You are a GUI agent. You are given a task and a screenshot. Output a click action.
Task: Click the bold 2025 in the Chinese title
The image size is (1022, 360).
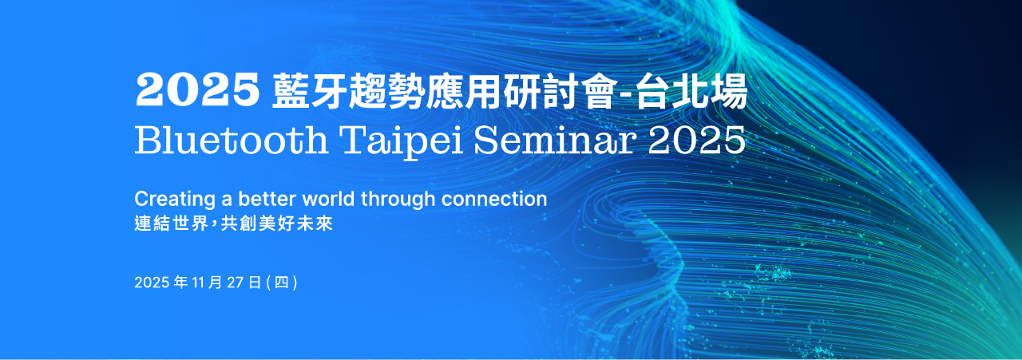[197, 90]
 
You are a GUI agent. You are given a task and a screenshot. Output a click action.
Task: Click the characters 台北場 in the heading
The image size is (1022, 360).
[692, 91]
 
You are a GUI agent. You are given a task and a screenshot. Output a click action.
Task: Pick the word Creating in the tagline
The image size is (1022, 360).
[175, 200]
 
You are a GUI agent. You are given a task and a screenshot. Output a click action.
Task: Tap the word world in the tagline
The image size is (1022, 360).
[328, 199]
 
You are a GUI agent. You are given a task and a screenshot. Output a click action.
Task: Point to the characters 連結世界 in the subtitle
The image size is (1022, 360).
[171, 224]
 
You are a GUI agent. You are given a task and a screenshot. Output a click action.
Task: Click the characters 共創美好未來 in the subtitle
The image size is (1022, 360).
[276, 224]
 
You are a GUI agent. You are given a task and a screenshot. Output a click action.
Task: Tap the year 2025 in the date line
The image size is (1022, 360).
[152, 283]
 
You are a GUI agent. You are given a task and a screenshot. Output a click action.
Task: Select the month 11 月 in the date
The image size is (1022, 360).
[207, 283]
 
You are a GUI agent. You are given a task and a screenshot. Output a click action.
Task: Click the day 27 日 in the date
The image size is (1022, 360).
[244, 283]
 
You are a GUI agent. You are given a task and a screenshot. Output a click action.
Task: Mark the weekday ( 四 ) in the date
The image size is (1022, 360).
[282, 283]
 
